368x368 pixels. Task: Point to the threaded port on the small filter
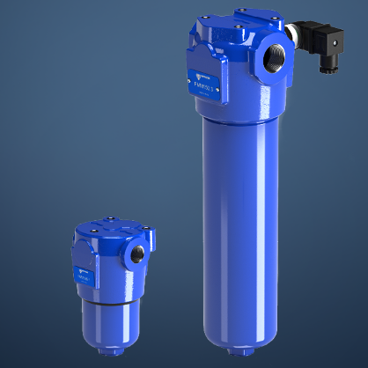click(x=138, y=254)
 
